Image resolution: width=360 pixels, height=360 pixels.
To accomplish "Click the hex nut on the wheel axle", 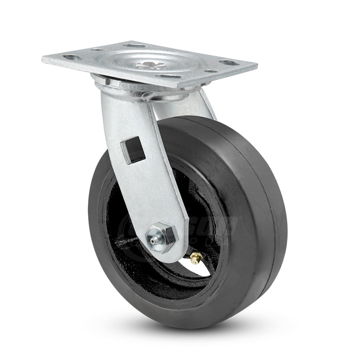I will (164, 232).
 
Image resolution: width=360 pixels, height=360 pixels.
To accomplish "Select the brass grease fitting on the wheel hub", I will (195, 258).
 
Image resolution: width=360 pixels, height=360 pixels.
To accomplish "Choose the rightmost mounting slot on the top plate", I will (229, 62).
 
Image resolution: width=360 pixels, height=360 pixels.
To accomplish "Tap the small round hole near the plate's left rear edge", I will (96, 50).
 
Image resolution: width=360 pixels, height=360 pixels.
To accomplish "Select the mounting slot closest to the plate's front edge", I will (165, 76).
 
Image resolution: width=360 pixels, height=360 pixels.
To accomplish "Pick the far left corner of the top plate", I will (42, 60).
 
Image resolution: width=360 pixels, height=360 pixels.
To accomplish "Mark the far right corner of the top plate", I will (256, 66).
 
